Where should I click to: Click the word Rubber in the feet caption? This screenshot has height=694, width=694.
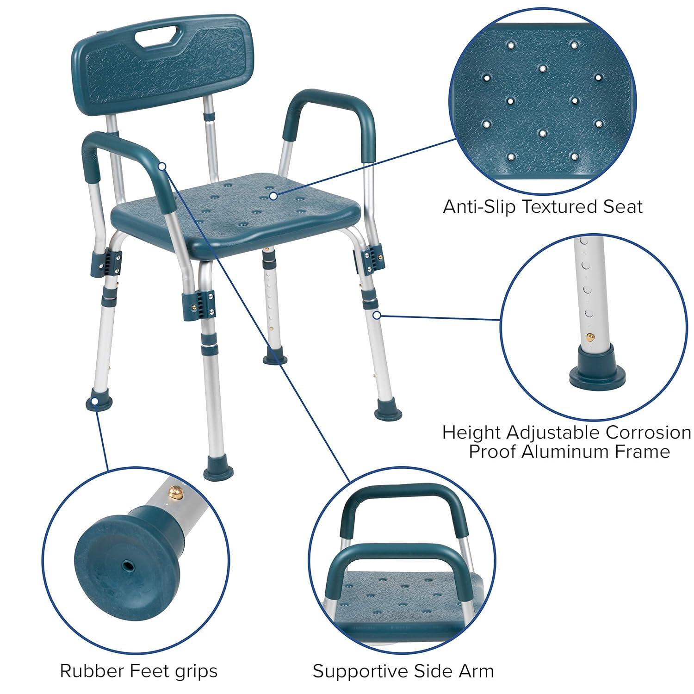88,670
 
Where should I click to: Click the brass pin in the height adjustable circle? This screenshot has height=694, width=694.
589,336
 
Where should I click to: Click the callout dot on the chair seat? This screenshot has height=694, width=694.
273,196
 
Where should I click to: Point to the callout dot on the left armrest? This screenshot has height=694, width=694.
162,166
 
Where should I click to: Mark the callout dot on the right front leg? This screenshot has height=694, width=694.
377,316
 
